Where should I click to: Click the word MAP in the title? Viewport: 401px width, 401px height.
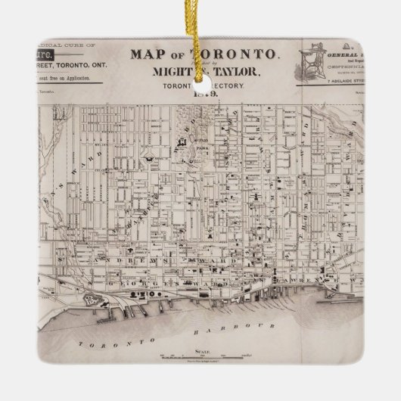click(x=145, y=54)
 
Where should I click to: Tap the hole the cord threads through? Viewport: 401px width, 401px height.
click(x=201, y=67)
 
